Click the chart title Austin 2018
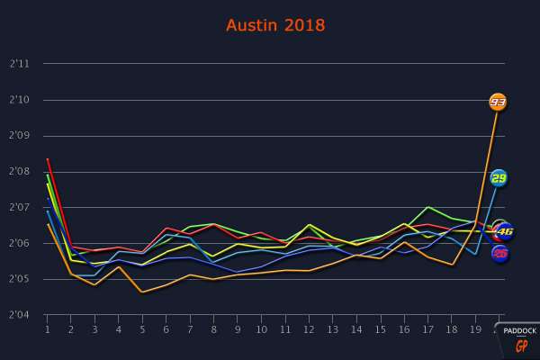275,25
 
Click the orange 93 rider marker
498,102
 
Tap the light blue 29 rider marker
499,177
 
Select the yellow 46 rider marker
505,231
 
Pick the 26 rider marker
500,254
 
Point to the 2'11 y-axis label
20,64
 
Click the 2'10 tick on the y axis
20,100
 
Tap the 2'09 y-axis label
20,136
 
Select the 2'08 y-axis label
20,172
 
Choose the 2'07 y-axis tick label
20,208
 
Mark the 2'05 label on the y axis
20,280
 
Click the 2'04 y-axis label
20,316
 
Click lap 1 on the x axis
47,330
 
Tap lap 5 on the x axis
142,330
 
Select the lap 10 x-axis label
261,330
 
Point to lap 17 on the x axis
428,330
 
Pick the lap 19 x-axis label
476,330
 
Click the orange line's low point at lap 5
142,292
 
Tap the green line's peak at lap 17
428,207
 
